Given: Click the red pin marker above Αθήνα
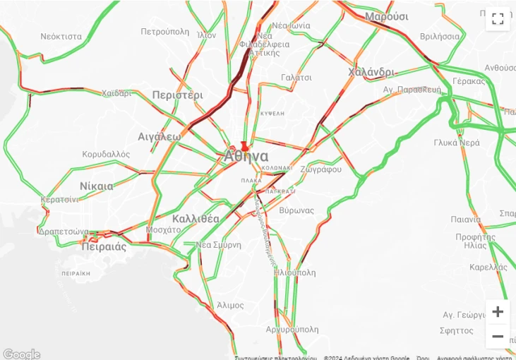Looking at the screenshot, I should [x=244, y=145].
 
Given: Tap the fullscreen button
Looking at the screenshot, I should [x=498, y=18].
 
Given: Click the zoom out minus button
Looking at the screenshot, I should [x=498, y=336].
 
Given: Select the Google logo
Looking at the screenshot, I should [x=21, y=354].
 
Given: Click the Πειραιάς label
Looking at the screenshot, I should [x=104, y=247].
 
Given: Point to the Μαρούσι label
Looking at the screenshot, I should [x=386, y=16].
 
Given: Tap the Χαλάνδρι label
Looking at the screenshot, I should [x=371, y=72].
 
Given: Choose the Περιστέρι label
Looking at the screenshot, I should [x=177, y=95].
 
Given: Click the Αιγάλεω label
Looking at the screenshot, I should [x=160, y=136].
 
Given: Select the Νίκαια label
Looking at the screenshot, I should [x=96, y=186].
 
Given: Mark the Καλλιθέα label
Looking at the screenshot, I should [x=196, y=218].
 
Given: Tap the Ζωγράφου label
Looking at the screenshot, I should [x=320, y=169].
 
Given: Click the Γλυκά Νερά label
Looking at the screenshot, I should [x=457, y=142].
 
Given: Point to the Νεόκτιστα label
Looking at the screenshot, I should [x=61, y=36].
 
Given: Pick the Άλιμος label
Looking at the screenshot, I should [x=231, y=305].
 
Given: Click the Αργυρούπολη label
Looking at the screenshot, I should [x=292, y=329].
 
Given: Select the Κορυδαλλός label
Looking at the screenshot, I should [x=106, y=154].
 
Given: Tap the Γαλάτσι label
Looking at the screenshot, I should [x=296, y=78].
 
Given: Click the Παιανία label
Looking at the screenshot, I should [x=466, y=220].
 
